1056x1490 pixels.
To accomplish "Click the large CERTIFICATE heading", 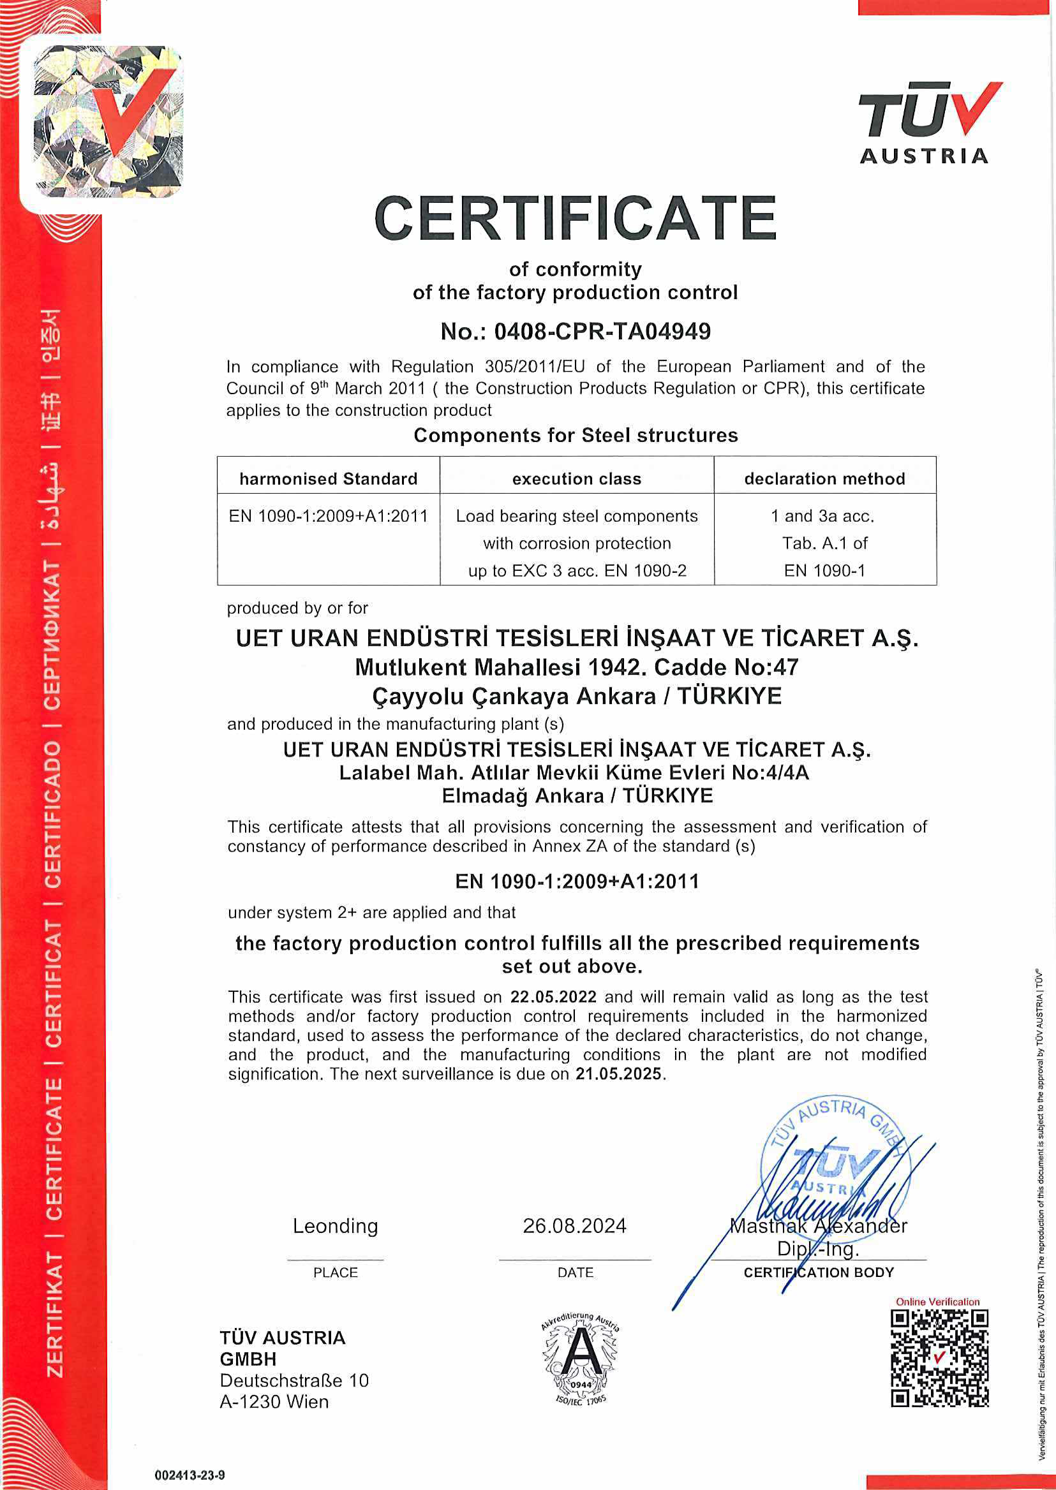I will point(576,218).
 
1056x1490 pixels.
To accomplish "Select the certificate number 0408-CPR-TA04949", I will point(602,332).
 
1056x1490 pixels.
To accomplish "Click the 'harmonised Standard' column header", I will point(329,479).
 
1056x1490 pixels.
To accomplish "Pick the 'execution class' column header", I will point(577,479).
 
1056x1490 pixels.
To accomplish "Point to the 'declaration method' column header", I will point(824,479).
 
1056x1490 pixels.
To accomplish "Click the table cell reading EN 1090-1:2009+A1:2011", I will point(329,516).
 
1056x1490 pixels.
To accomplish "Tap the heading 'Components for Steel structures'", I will point(576,435).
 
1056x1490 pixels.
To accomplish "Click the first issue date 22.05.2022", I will point(553,996).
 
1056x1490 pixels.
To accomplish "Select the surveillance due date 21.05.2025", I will point(618,1073).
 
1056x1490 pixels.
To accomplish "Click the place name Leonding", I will point(335,1225).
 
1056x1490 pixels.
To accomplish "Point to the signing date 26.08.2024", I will point(575,1225).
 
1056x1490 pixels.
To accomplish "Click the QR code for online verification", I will point(940,1358).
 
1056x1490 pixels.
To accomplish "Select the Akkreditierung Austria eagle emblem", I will point(581,1356).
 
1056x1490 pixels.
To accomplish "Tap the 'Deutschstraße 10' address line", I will point(294,1380).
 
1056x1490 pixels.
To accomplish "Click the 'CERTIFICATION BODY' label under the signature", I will point(819,1272).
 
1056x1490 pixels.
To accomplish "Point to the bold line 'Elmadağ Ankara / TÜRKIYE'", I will point(577,795).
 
